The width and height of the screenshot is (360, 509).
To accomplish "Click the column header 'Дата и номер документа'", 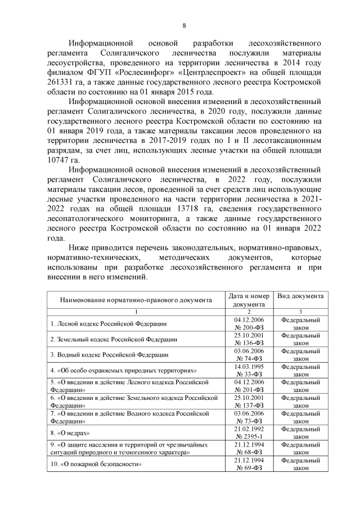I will [x=249, y=300].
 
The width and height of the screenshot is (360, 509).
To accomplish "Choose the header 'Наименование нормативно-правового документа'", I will [x=136, y=300].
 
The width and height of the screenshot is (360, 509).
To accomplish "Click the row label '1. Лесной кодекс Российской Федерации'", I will [x=109, y=323].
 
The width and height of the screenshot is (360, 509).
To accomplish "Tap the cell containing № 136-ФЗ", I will [x=249, y=343].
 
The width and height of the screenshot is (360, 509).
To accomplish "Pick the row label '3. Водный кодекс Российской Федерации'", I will [x=109, y=355].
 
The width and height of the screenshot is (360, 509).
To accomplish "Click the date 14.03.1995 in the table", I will [x=249, y=367].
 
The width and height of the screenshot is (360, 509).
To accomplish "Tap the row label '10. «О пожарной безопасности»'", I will [x=95, y=465].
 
